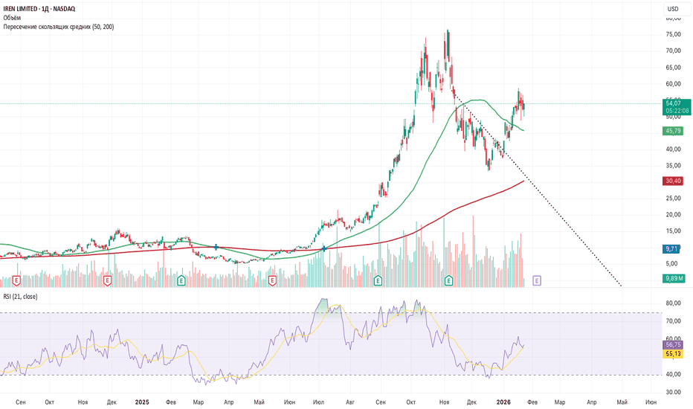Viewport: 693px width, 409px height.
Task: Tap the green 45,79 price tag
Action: [671, 131]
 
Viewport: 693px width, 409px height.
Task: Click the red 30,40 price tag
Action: [671, 181]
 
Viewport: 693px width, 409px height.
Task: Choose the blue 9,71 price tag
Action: [671, 249]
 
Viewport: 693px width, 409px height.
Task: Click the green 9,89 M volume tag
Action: [673, 278]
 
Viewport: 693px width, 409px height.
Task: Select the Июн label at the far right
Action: [651, 402]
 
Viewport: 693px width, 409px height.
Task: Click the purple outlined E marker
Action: [537, 280]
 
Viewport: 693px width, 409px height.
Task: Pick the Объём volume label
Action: [13, 17]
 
